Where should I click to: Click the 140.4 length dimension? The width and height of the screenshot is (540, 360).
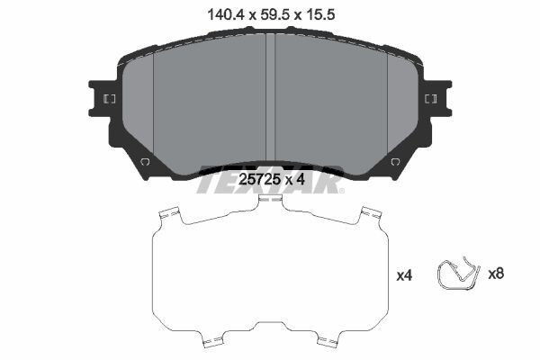[x=226, y=14]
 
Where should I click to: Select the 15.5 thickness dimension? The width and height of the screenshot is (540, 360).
[x=319, y=14]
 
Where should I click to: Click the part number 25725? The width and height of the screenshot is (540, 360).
[x=258, y=179]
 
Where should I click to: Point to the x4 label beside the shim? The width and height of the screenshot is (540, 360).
[x=404, y=275]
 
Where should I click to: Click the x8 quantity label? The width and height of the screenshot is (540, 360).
[x=496, y=274]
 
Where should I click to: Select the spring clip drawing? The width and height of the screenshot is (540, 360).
[x=458, y=274]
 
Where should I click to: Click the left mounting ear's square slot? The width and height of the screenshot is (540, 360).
[x=110, y=99]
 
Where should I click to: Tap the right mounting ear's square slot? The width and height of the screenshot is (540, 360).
[x=431, y=99]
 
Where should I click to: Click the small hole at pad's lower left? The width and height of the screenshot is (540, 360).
[x=145, y=161]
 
